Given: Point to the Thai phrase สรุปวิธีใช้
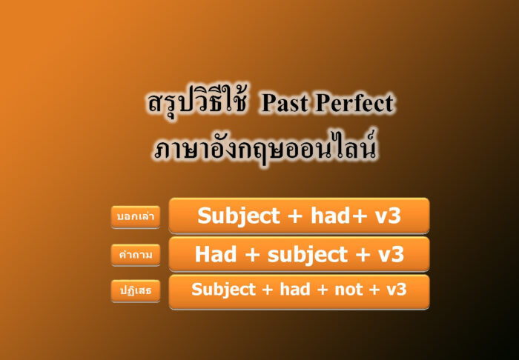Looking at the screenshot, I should pyautogui.click(x=196, y=104).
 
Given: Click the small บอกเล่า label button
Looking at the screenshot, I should pyautogui.click(x=136, y=217).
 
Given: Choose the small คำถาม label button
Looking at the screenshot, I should pyautogui.click(x=136, y=255).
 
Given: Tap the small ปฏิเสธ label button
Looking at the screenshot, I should pyautogui.click(x=136, y=291).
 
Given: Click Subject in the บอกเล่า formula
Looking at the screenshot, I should pyautogui.click(x=236, y=216).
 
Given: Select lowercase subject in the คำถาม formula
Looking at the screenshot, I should pyautogui.click(x=298, y=254).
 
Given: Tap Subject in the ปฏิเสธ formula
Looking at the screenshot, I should pyautogui.click(x=223, y=290).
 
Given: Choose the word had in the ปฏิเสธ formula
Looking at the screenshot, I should pyautogui.click(x=295, y=290).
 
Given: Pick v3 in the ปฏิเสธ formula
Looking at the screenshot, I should pyautogui.click(x=397, y=290).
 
